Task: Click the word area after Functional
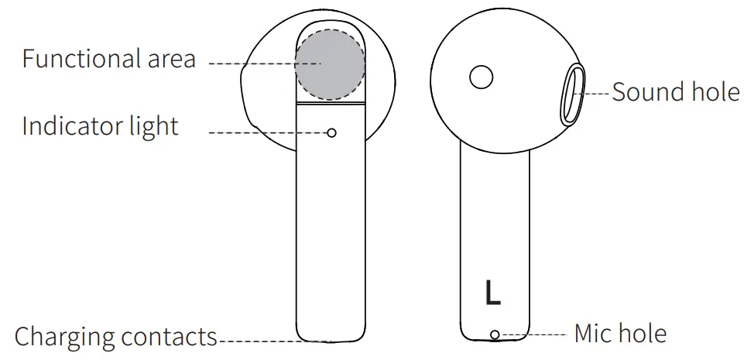pos(168,60)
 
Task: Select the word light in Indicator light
pos(155,127)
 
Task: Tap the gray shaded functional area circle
pos(330,65)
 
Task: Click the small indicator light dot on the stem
pos(332,133)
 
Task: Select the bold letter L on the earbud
pos(492,291)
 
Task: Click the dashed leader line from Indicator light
pos(267,133)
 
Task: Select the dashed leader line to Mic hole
pos(534,334)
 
